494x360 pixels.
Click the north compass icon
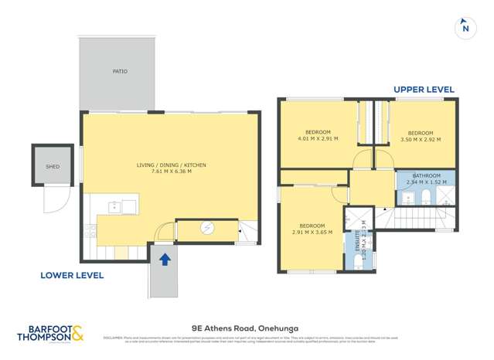[465, 28]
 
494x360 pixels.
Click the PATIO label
[120, 72]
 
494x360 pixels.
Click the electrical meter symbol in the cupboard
[206, 228]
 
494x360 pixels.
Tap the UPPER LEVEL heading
[424, 90]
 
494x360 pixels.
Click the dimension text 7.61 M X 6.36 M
[171, 172]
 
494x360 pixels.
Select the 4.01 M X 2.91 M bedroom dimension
[317, 139]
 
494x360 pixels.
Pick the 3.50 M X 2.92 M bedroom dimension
[421, 140]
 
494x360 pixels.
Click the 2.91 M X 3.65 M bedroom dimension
[313, 231]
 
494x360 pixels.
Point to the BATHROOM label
[426, 176]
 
